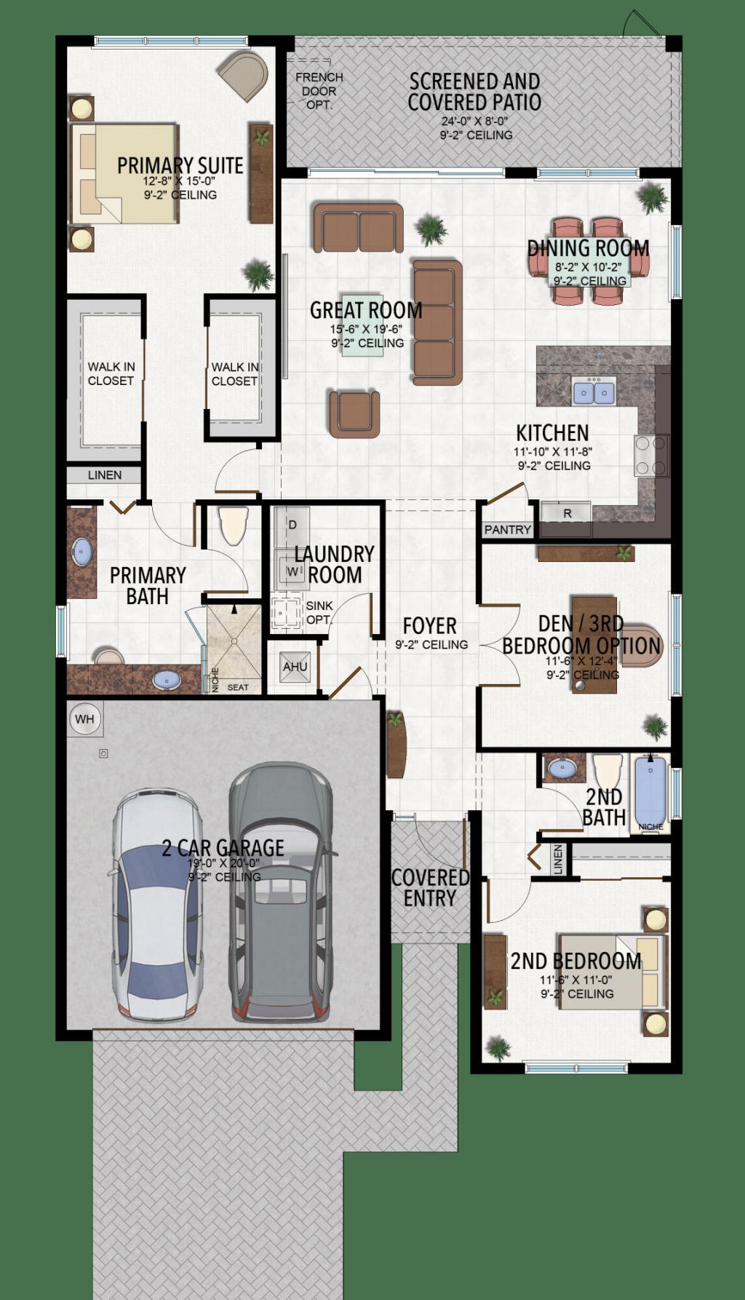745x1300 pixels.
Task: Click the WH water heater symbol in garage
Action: click(84, 719)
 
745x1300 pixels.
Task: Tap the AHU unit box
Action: click(295, 667)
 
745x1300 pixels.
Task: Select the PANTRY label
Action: click(507, 529)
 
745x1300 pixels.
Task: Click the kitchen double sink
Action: click(594, 392)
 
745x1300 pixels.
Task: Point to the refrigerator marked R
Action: click(567, 513)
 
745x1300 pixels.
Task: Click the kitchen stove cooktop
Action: click(651, 456)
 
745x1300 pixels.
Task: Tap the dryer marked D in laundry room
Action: click(292, 524)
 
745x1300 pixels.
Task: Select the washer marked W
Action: click(292, 571)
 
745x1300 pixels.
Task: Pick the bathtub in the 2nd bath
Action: click(650, 791)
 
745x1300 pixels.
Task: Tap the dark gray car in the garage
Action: click(281, 892)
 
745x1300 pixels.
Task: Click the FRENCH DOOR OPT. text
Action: click(319, 91)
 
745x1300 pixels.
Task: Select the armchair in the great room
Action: click(354, 413)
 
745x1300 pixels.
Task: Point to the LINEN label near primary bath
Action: click(105, 475)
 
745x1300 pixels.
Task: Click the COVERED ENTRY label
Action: click(430, 888)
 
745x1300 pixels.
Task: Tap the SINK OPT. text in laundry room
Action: click(319, 612)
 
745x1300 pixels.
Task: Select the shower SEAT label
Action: click(238, 687)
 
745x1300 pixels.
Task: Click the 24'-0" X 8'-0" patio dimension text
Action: click(474, 122)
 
